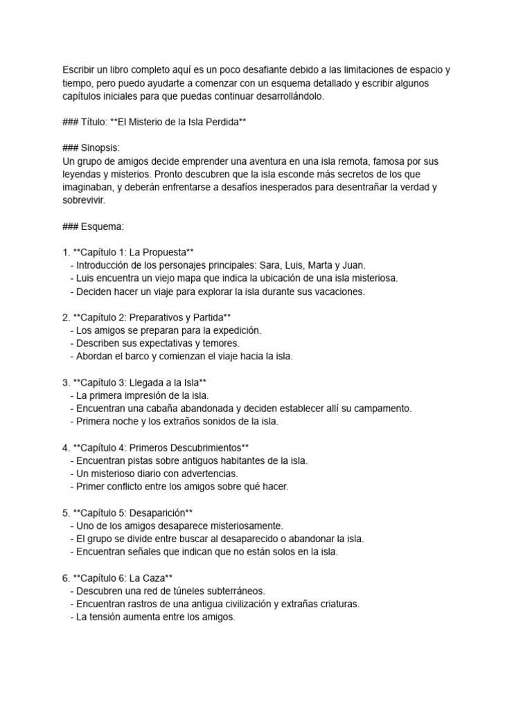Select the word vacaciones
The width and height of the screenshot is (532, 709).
(x=335, y=291)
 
